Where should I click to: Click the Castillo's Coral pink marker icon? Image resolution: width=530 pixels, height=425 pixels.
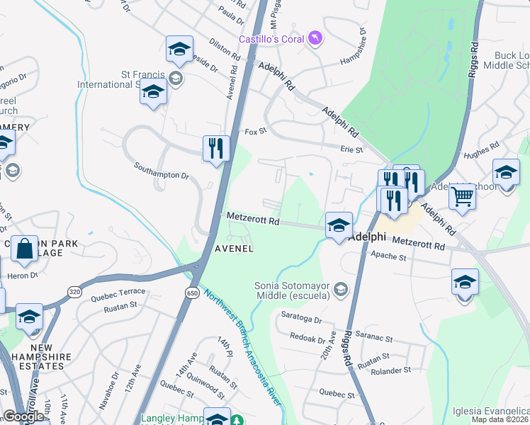[315, 38]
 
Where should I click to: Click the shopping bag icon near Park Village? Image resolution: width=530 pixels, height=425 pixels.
[24, 249]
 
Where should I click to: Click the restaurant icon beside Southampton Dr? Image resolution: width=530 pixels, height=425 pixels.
[217, 148]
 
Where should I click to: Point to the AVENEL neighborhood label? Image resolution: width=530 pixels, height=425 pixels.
[234, 249]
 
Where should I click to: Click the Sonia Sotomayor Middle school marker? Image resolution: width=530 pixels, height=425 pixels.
[342, 288]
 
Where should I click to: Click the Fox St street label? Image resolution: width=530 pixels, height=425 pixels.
[255, 131]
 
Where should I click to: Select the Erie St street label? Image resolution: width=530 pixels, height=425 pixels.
[351, 149]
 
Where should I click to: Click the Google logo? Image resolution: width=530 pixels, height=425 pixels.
[23, 416]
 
